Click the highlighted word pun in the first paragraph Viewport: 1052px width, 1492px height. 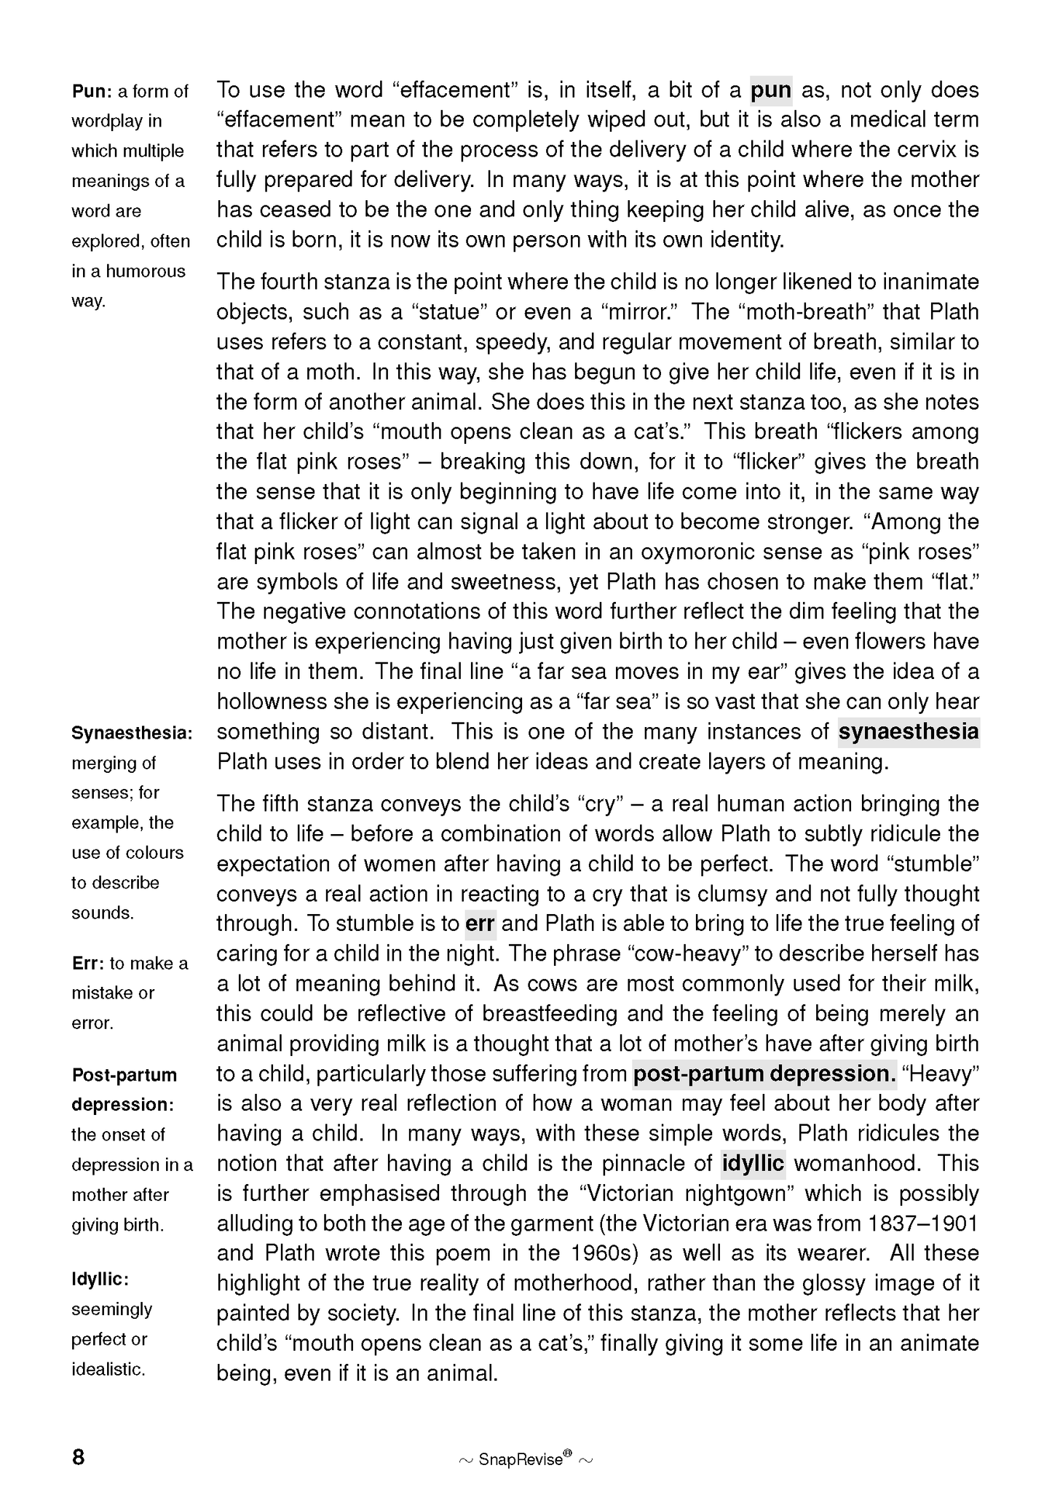click(770, 90)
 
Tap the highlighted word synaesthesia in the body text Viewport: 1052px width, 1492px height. click(908, 731)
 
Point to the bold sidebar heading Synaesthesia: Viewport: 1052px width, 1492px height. click(132, 734)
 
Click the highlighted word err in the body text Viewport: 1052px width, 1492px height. click(480, 924)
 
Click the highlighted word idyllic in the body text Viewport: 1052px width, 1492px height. click(753, 1163)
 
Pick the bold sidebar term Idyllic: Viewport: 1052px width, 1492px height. click(100, 1279)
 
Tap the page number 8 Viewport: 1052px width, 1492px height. click(79, 1457)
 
